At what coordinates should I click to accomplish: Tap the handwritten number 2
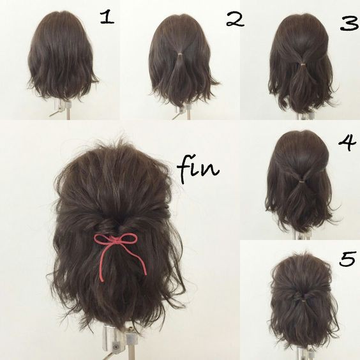pos(234,19)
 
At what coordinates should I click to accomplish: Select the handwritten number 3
pos(348,24)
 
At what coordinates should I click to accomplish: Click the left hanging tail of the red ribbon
pos(102,262)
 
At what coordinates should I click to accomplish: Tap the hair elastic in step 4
pos(299,181)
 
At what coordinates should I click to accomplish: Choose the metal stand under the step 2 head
pos(181,109)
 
